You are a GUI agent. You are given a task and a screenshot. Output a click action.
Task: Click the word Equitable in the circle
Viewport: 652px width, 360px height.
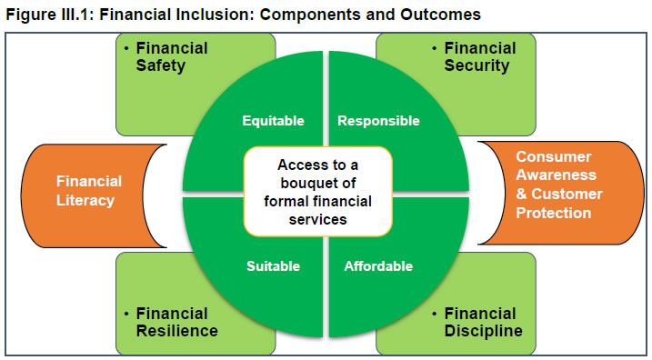(273, 121)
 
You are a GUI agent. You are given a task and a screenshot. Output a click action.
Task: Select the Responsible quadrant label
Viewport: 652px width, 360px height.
(378, 121)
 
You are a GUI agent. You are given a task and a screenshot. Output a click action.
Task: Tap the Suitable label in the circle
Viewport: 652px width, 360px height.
(273, 266)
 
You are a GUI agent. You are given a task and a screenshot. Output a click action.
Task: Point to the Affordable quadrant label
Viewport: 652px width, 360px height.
(378, 266)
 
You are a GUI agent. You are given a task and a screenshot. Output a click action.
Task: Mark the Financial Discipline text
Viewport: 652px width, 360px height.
(483, 322)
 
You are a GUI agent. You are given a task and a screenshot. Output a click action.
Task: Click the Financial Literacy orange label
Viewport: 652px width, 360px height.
(88, 190)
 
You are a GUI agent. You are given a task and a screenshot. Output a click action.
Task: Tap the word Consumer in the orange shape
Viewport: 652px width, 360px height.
(554, 156)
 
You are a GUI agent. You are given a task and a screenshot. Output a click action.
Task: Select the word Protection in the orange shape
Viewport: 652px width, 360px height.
(553, 213)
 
